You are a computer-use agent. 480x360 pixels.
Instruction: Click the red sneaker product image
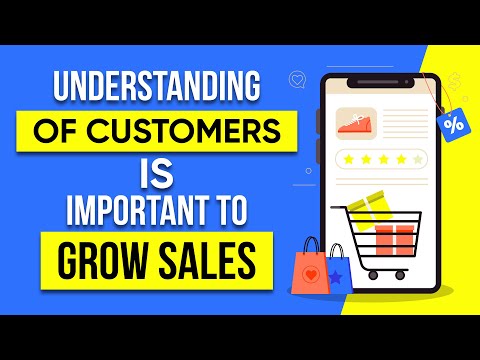[x=355, y=122]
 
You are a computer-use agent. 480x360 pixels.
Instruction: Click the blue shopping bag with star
[x=337, y=268]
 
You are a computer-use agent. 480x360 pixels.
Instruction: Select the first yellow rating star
[x=348, y=158]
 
